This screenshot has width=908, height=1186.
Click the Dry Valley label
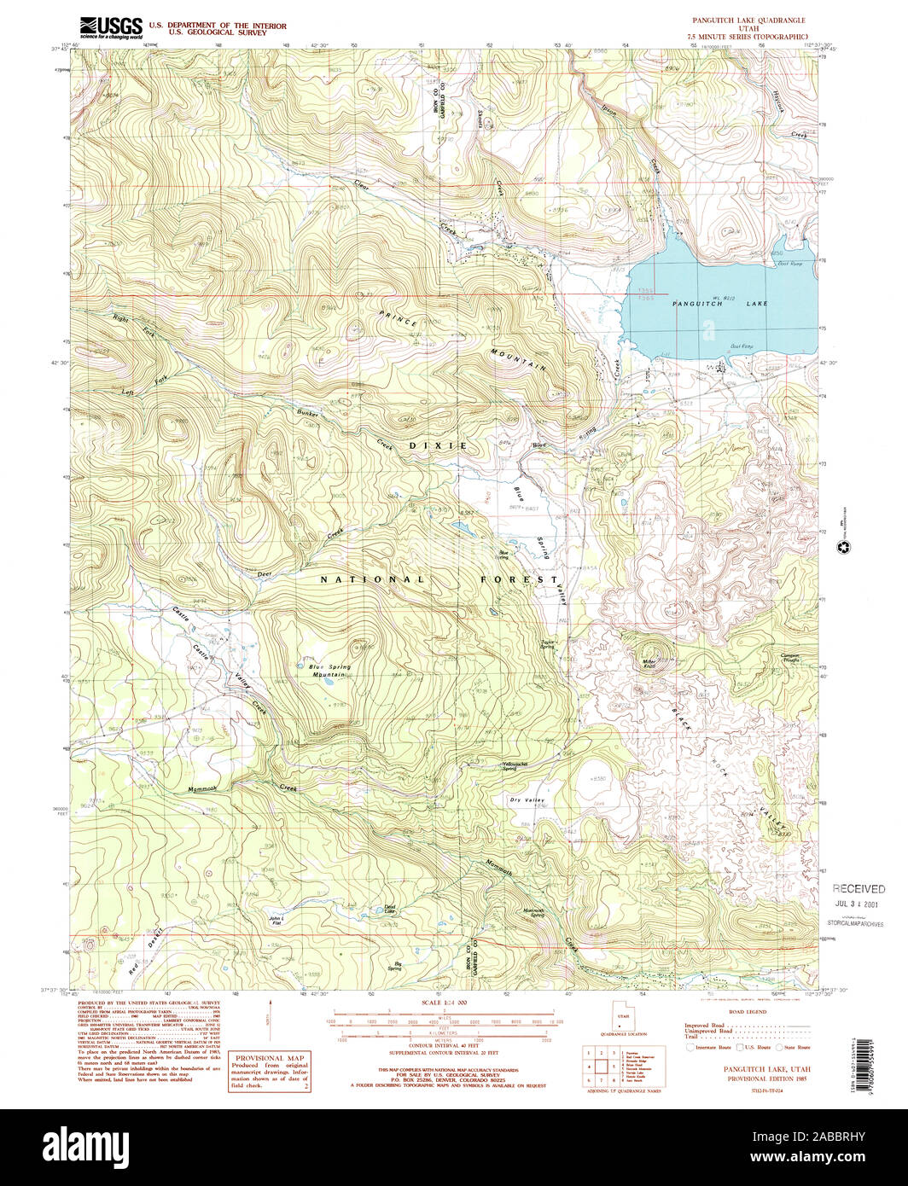point(527,799)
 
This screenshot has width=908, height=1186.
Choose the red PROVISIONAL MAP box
point(270,1071)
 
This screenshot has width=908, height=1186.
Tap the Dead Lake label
point(389,910)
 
